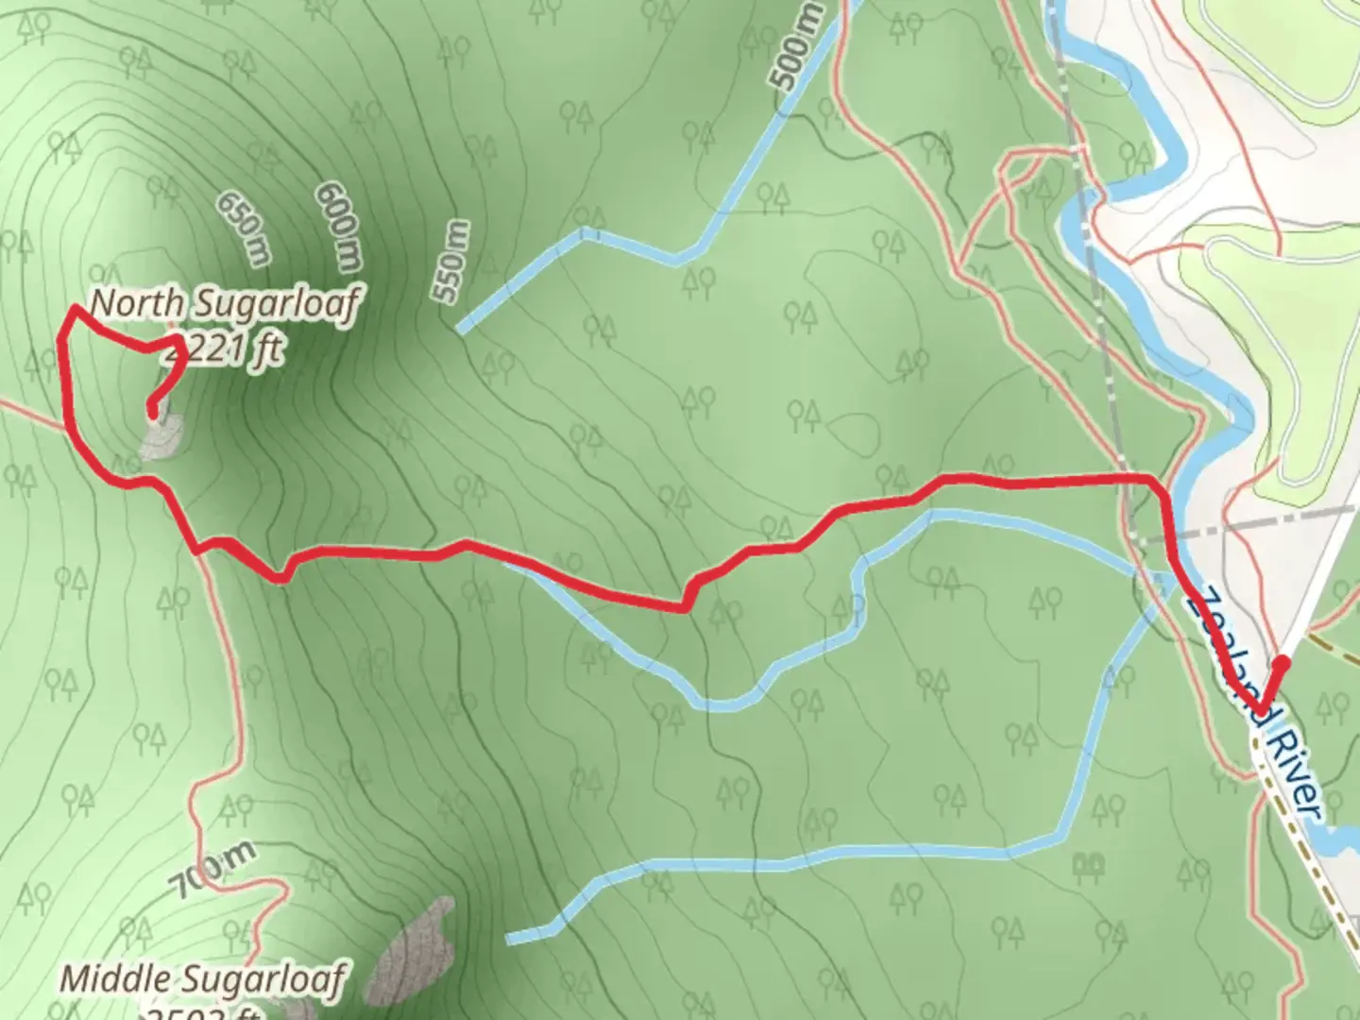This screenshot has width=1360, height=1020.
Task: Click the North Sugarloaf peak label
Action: click(x=225, y=305)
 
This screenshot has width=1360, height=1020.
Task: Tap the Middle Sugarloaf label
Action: click(x=203, y=979)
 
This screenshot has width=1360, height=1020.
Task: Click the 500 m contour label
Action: click(x=799, y=46)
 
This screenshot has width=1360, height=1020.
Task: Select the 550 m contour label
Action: click(x=452, y=262)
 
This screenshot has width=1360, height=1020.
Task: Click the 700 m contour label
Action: click(x=212, y=872)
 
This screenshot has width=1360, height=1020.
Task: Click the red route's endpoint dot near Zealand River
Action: click(x=1282, y=663)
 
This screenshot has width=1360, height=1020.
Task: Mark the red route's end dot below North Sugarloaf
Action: click(x=151, y=410)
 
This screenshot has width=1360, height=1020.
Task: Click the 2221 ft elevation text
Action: click(x=223, y=352)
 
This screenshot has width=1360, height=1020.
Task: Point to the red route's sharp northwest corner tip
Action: click(x=74, y=308)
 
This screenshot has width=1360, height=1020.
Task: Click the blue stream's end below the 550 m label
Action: click(x=460, y=329)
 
